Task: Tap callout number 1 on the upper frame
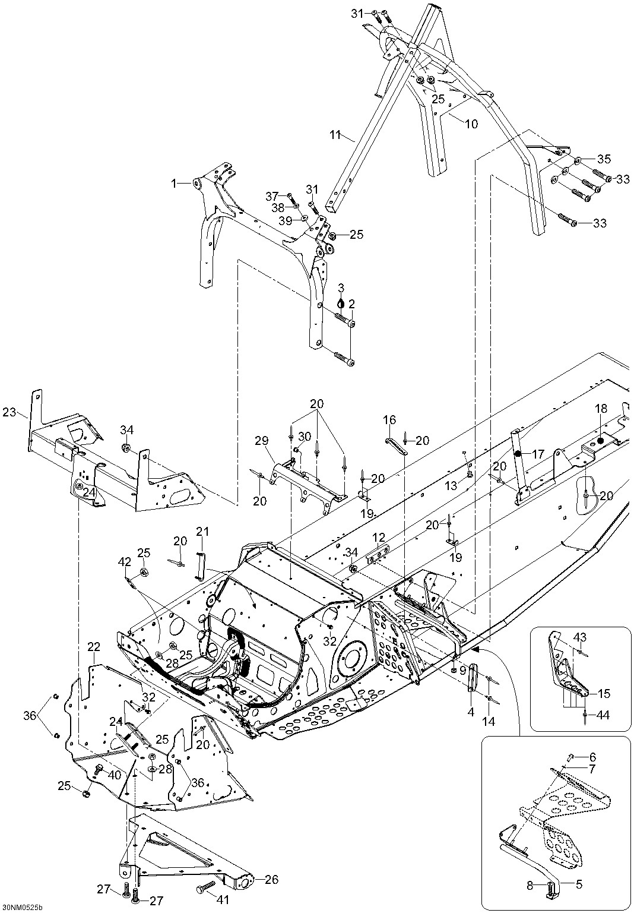[174, 184]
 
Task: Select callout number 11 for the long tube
[336, 135]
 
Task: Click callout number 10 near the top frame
[470, 124]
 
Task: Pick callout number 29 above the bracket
[262, 440]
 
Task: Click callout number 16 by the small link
[389, 420]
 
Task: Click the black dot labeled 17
[518, 454]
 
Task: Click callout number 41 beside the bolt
[222, 900]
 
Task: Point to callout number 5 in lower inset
[579, 884]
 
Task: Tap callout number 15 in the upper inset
[603, 693]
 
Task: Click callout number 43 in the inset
[580, 637]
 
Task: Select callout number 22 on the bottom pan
[94, 647]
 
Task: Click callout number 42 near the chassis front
[125, 561]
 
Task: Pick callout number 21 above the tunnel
[202, 531]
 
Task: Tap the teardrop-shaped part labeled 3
[341, 302]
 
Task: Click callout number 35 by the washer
[603, 159]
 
